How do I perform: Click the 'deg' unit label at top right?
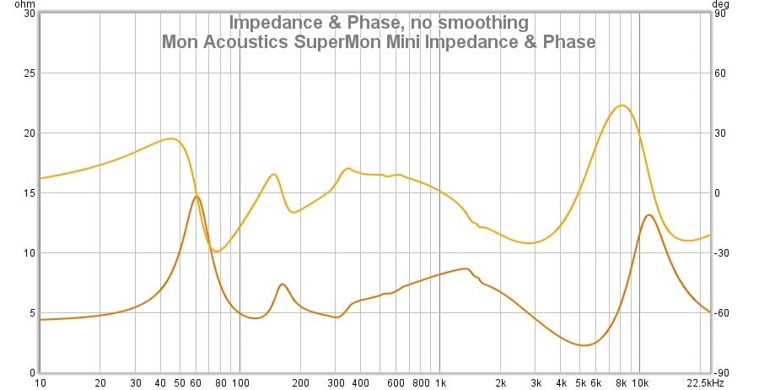[722, 4]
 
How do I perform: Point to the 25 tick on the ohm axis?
[30, 73]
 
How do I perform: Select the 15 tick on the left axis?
[30, 193]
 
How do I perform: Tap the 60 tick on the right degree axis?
[723, 73]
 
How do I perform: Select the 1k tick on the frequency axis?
[439, 382]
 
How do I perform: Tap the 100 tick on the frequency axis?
[240, 382]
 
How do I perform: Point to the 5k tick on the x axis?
[580, 382]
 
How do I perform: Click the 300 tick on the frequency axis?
[335, 382]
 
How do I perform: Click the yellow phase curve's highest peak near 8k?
[622, 106]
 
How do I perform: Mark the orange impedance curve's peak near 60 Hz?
[196, 196]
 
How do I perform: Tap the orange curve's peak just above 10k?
[649, 214]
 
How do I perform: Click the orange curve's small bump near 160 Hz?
[282, 284]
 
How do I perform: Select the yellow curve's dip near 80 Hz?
[218, 252]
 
